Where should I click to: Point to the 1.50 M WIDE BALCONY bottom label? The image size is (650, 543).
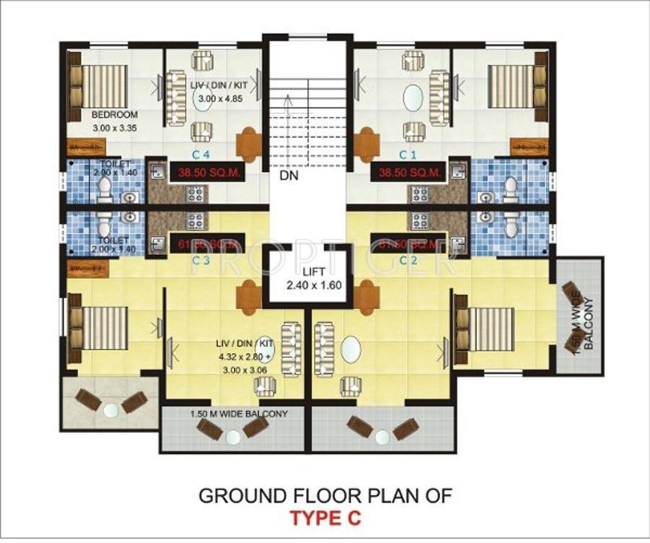click(x=230, y=414)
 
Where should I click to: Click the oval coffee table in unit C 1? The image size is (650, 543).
click(x=412, y=99)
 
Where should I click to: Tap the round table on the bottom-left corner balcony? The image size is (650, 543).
click(x=110, y=410)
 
